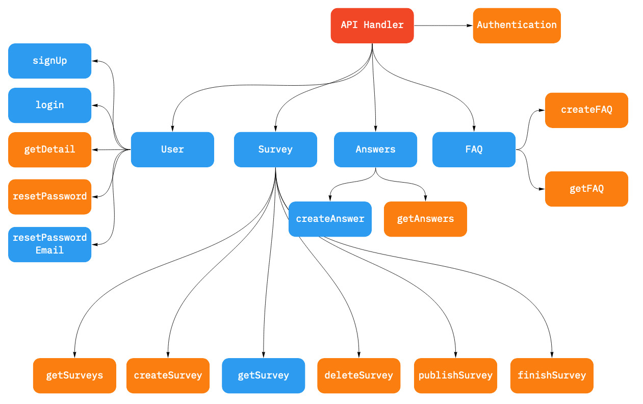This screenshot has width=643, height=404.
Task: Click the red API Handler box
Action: (372, 26)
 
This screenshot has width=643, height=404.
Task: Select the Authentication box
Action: (517, 26)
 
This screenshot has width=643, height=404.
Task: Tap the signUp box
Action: (49, 61)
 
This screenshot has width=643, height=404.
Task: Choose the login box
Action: (49, 105)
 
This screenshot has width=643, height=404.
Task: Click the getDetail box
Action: (49, 149)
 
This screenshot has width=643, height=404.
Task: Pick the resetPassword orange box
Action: (49, 196)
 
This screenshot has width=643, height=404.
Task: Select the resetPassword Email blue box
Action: (49, 244)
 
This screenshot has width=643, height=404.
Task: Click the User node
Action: (172, 149)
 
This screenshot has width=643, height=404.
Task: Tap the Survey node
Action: (275, 149)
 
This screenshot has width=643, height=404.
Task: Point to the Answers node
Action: (375, 149)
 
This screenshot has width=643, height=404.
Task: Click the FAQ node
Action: (474, 149)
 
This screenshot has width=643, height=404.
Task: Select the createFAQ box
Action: (586, 110)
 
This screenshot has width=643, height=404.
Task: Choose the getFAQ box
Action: (586, 189)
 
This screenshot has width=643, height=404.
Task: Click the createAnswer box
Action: (330, 219)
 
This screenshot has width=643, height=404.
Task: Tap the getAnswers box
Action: (425, 219)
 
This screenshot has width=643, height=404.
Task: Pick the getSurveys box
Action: (74, 375)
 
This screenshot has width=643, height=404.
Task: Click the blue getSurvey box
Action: (263, 375)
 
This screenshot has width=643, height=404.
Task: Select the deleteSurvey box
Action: (358, 375)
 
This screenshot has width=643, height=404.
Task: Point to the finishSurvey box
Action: (552, 375)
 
